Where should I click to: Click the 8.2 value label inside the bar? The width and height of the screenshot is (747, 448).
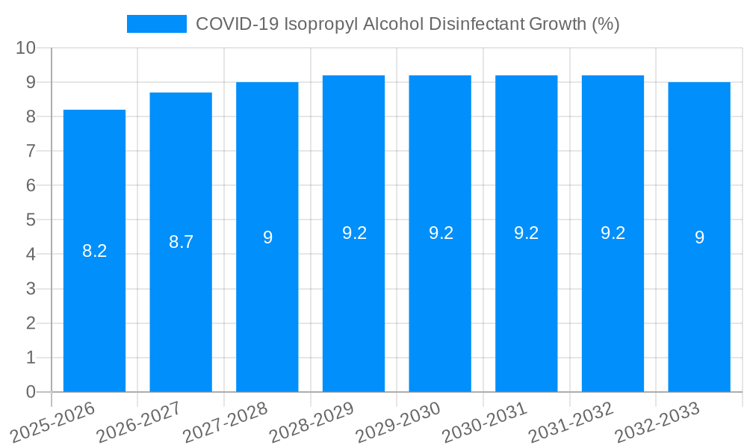coord(95,251)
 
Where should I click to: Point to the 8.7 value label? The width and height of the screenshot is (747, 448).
coord(181,242)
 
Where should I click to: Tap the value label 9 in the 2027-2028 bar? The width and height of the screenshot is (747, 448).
coord(267,237)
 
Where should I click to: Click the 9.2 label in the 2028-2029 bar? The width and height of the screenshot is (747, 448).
coord(354,233)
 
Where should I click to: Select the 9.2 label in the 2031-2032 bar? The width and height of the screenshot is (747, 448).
coord(613,233)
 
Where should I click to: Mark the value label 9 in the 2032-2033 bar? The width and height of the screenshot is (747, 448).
coord(699,237)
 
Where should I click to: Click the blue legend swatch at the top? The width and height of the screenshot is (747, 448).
coord(157,24)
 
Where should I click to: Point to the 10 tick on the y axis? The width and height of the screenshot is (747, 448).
coord(26,48)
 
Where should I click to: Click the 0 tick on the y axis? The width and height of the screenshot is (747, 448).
coord(31,392)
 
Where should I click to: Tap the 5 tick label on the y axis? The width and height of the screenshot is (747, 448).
coord(31,220)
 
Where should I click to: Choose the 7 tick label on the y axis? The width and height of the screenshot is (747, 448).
coord(31,151)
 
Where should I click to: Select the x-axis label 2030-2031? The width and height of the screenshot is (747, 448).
coord(484,423)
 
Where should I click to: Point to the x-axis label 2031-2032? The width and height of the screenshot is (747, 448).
coord(571,423)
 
